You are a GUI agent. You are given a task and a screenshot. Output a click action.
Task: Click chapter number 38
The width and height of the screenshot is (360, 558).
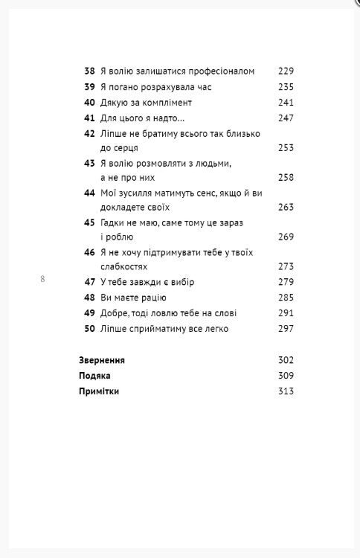coord(89,71)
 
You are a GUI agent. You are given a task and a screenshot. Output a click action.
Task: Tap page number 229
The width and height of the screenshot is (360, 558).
coord(286,71)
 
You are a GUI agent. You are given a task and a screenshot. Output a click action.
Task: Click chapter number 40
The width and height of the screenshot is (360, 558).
coord(89,102)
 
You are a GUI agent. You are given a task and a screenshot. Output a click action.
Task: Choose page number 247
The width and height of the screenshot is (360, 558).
coord(286,118)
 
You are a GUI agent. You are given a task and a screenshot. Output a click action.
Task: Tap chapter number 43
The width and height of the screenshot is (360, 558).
coord(89,164)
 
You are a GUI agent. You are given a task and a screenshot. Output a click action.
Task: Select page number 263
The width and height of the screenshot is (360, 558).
coord(286,208)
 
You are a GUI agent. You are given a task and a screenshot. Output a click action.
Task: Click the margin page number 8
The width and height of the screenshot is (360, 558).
coord(42,280)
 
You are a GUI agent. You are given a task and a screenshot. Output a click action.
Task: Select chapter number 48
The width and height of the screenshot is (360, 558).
coord(89,298)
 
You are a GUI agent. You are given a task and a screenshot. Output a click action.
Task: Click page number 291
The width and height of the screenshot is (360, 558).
coord(286,313)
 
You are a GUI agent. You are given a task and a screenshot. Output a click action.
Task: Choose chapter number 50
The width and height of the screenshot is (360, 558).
coord(89,329)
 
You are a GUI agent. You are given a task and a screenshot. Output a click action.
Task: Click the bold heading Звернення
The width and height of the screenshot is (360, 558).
coord(102,360)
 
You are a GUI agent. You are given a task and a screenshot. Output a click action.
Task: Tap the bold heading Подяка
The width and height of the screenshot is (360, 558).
coord(94,376)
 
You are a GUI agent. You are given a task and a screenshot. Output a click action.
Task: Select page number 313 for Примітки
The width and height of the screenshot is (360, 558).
coord(286,391)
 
